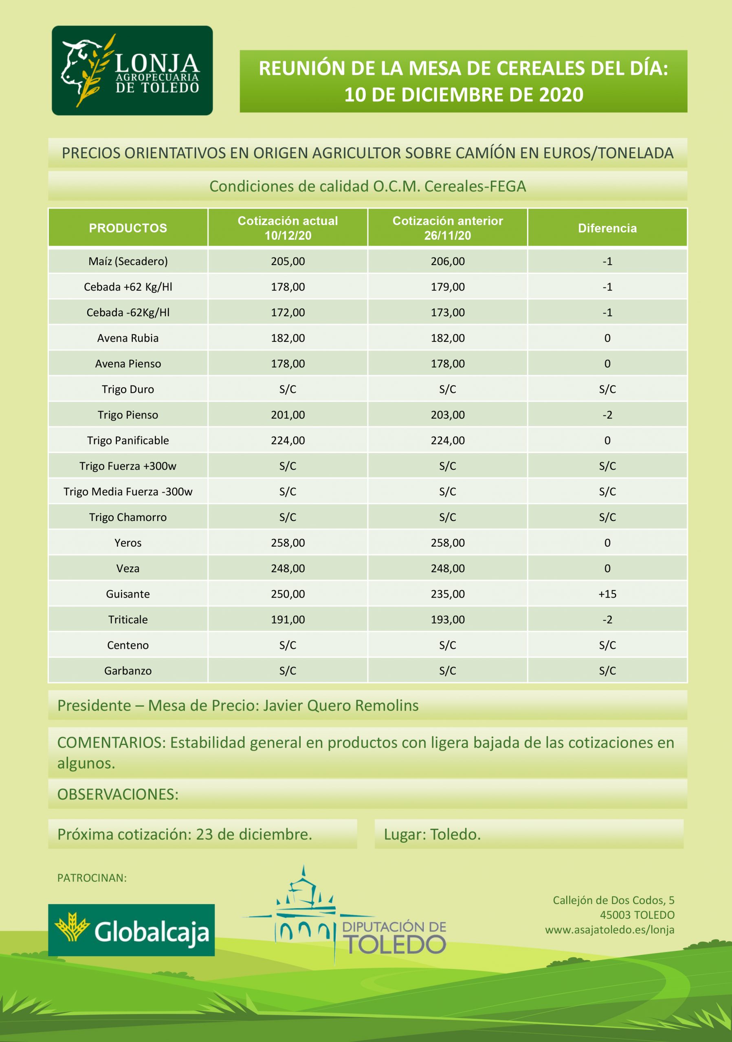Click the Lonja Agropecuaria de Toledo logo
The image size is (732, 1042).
(132, 70)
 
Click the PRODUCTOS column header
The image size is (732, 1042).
(128, 228)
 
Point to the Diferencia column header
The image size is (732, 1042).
(607, 228)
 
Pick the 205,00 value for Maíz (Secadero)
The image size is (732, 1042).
(288, 261)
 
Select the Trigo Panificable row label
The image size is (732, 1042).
(128, 440)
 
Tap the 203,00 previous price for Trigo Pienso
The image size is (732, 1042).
(448, 415)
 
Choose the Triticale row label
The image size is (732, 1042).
(128, 620)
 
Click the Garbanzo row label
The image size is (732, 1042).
(128, 671)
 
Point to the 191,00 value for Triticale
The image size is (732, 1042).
(288, 620)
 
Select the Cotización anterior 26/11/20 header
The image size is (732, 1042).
(448, 228)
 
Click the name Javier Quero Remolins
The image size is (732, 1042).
(341, 706)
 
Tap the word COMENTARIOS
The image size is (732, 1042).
(111, 742)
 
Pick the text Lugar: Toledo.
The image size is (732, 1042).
(432, 834)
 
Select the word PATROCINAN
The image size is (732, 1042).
(92, 878)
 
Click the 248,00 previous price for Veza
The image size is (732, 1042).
(448, 568)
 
